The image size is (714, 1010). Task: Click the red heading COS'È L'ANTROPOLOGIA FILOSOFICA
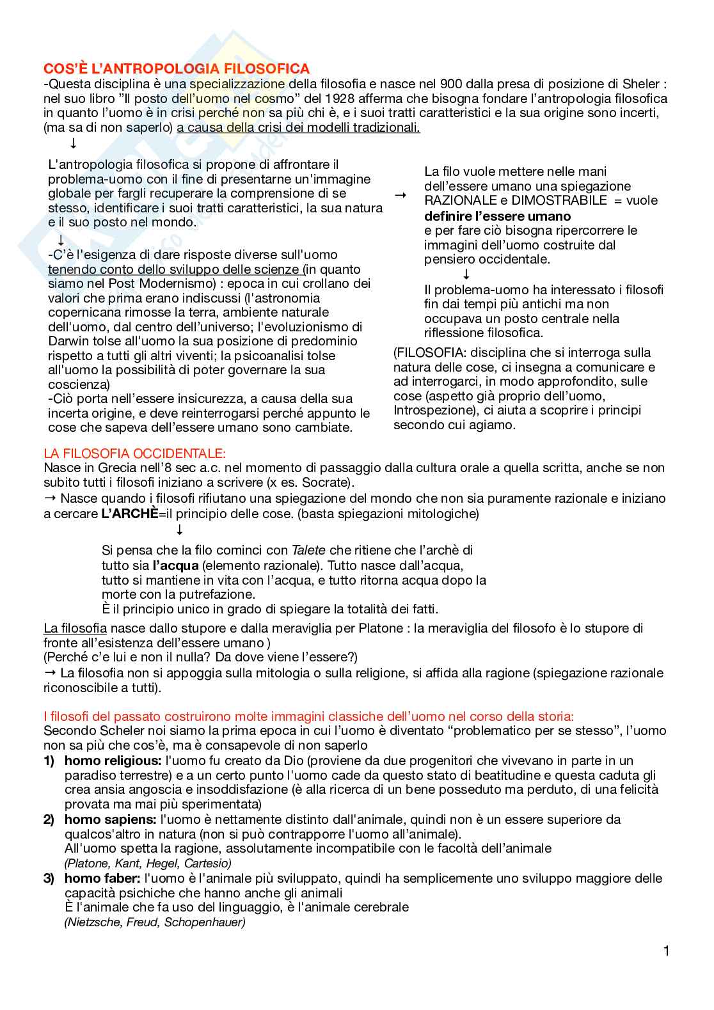click(177, 68)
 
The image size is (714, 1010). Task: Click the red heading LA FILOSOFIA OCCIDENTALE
click(135, 454)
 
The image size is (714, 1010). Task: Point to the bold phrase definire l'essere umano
click(497, 216)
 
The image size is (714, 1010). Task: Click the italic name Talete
click(308, 550)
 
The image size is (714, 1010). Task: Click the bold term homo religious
click(113, 761)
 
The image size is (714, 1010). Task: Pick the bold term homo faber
click(102, 878)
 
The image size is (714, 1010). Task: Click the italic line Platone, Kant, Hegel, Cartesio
click(148, 863)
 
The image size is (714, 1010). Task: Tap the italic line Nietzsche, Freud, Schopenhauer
click(155, 922)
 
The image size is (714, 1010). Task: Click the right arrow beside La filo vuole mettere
click(401, 194)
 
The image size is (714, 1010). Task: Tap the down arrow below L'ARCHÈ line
click(180, 530)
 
